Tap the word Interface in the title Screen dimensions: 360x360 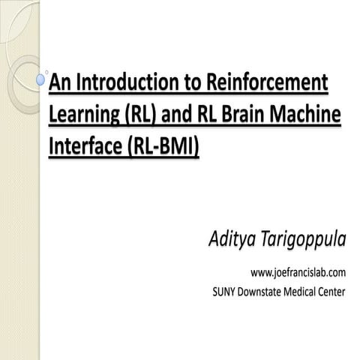[x=82, y=147]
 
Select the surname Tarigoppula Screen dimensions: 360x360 [x=304, y=241]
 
